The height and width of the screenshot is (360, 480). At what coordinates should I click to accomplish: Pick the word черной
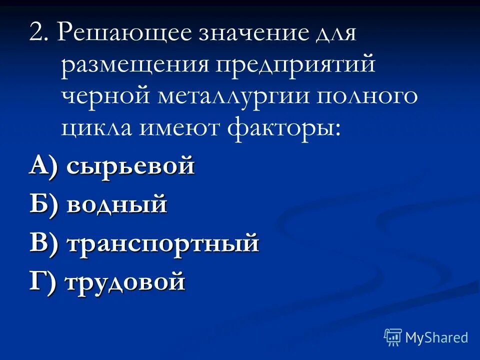click(106, 96)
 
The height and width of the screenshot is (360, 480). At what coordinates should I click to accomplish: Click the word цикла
click(98, 127)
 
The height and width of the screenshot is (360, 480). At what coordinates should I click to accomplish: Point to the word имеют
click(182, 127)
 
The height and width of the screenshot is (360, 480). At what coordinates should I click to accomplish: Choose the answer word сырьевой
click(130, 165)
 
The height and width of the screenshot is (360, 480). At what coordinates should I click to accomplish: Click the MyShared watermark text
click(436, 337)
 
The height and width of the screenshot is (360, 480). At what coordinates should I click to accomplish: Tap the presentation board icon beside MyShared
click(393, 337)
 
